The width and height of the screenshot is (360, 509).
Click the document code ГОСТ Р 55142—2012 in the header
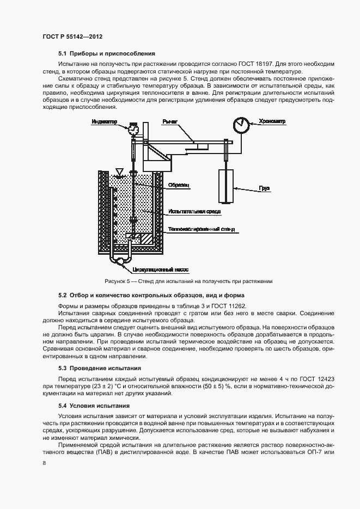click(72, 36)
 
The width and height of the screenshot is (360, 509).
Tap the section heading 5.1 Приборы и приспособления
click(107, 53)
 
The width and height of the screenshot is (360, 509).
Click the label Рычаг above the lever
click(170, 121)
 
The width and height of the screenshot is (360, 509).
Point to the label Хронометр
click(272, 121)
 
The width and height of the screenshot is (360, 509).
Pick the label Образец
click(179, 185)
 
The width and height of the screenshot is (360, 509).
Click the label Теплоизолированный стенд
click(202, 230)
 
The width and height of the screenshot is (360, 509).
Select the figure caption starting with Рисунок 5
click(188, 281)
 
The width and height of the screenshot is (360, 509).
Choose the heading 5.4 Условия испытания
click(94, 406)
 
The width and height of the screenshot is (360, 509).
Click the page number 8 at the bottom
click(44, 463)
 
